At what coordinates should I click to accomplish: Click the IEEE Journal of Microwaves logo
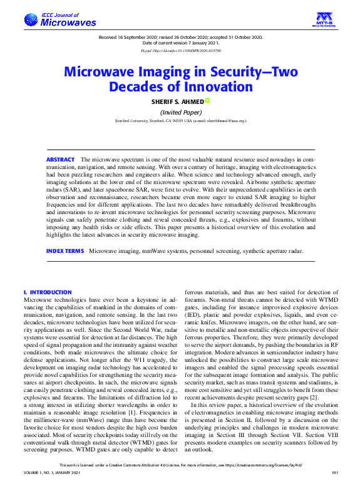pos(60,20)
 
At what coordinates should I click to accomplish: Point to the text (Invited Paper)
pos(180,111)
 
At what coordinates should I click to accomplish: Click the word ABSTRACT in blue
pos(60,160)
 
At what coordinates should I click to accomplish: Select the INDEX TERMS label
pos(65,250)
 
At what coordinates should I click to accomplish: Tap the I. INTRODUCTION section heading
pos(48,292)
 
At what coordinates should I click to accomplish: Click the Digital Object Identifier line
pos(180,49)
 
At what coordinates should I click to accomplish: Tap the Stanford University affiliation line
pos(180,120)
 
